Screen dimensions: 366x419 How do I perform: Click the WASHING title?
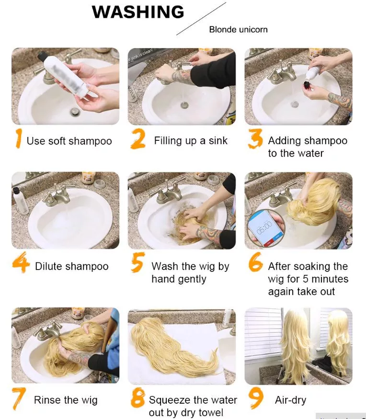pyautogui.click(x=138, y=12)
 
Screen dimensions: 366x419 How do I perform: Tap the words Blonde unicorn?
pyautogui.click(x=238, y=29)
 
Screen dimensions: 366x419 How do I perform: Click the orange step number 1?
pyautogui.click(x=18, y=138)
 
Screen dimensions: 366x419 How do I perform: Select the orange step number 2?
pyautogui.click(x=138, y=138)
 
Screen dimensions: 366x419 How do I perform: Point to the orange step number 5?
pyautogui.click(x=138, y=262)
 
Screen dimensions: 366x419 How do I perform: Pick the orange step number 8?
pyautogui.click(x=138, y=398)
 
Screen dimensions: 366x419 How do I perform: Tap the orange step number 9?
pyautogui.click(x=256, y=398)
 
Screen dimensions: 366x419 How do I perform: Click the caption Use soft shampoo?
pyautogui.click(x=69, y=141)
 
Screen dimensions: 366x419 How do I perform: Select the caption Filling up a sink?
pyautogui.click(x=191, y=141)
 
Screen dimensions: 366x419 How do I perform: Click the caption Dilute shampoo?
pyautogui.click(x=72, y=266)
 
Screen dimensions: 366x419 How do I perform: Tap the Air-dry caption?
pyautogui.click(x=291, y=400)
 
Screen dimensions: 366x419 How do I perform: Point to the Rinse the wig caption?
pyautogui.click(x=66, y=400)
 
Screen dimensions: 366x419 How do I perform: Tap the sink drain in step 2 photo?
pyautogui.click(x=184, y=105)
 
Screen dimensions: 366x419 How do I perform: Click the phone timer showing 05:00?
pyautogui.click(x=265, y=227)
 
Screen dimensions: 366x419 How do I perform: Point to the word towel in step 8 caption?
pyautogui.click(x=210, y=412)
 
